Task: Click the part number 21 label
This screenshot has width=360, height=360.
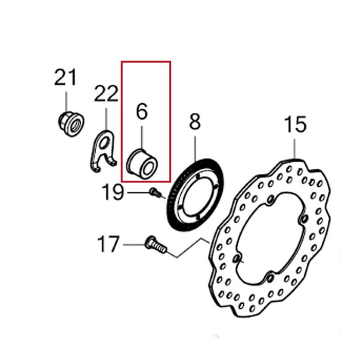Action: coord(65,77)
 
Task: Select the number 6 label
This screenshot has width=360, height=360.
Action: coord(142,111)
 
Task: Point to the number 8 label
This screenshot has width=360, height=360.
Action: coord(195,121)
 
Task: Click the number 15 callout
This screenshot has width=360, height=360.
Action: coord(295,124)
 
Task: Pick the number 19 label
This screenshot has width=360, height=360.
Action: coord(113,192)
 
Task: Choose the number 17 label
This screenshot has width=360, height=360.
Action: coord(108,244)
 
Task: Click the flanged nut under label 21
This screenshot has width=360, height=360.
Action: coord(71,124)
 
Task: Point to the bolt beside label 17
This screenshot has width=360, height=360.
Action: coord(155,245)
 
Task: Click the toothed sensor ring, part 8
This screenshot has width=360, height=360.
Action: coord(195,195)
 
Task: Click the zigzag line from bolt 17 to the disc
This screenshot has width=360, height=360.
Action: coord(188,248)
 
